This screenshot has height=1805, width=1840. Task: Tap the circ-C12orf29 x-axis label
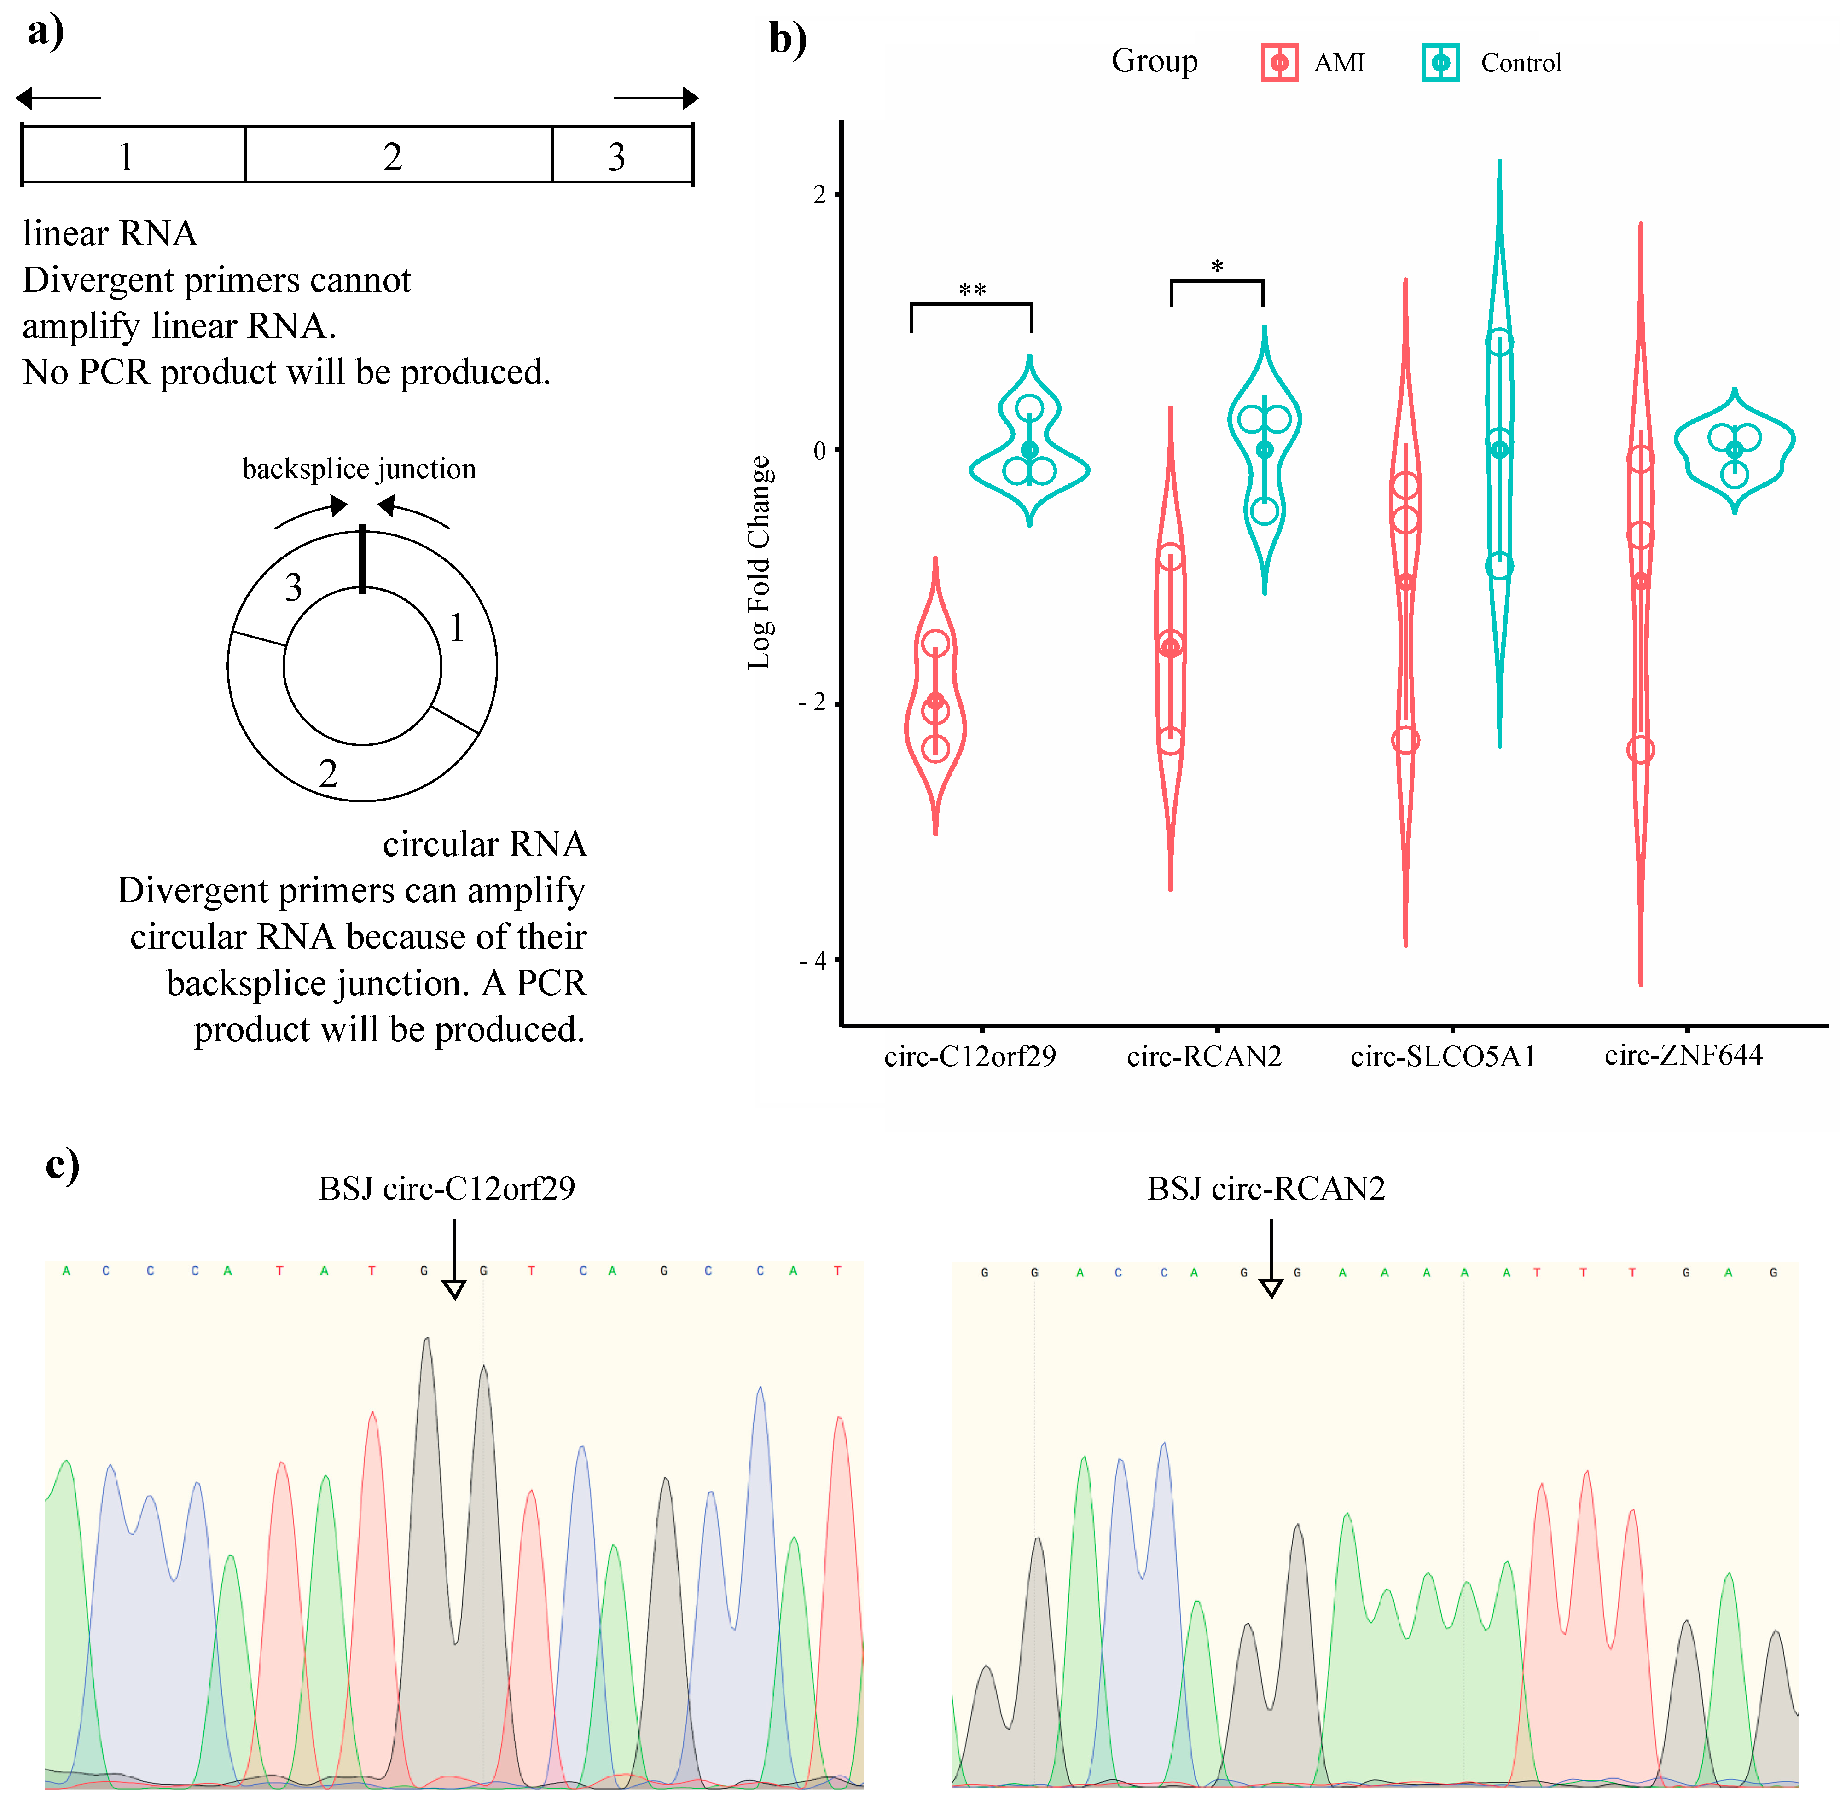click(x=970, y=1056)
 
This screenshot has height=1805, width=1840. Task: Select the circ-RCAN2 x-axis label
click(x=1204, y=1056)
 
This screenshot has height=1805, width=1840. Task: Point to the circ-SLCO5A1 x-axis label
click(x=1443, y=1056)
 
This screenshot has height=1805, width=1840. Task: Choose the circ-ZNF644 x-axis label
click(x=1683, y=1055)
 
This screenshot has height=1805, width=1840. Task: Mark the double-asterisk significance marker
click(x=973, y=289)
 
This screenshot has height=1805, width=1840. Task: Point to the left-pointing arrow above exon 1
click(x=57, y=98)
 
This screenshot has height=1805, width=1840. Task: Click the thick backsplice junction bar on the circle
click(x=362, y=559)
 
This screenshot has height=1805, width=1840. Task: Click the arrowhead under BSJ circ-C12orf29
click(x=454, y=1288)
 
